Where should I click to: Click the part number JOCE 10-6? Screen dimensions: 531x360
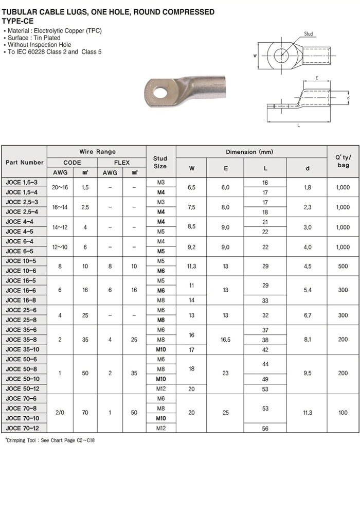coord(21,271)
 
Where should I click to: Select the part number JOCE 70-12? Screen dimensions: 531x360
coord(23,428)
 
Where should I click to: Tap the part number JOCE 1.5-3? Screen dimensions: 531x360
coord(21,182)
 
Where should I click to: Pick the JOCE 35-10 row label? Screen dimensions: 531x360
coord(23,349)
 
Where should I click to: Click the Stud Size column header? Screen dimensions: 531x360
coord(160,162)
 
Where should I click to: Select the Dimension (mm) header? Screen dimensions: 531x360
coord(251,152)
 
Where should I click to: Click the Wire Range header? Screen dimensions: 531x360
coord(97,152)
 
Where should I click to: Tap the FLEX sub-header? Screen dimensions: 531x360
coord(122,163)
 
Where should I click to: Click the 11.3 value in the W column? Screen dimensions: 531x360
coord(191,267)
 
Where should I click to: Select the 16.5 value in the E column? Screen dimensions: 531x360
coord(225,340)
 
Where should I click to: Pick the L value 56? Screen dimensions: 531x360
coord(265,428)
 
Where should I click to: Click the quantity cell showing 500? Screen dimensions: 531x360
coord(343,267)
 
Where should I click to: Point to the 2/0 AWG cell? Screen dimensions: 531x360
coord(60,413)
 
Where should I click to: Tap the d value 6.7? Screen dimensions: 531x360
coord(307,315)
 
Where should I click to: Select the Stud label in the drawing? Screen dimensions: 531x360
coord(309,34)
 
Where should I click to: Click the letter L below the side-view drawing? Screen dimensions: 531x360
coord(298,125)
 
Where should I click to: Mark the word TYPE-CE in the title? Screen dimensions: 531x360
coord(17,21)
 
